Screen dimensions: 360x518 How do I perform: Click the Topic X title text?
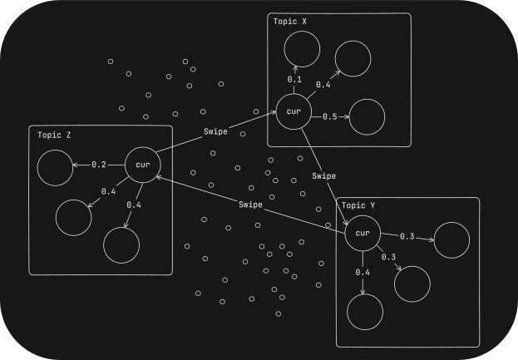click(291, 21)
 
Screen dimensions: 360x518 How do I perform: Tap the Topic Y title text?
click(359, 205)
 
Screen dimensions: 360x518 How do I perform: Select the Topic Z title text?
click(55, 134)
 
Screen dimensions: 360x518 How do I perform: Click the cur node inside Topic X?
click(293, 112)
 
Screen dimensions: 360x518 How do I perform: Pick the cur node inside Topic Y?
click(363, 233)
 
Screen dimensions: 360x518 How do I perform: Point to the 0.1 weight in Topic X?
click(294, 80)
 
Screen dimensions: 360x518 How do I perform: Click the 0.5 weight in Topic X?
click(329, 116)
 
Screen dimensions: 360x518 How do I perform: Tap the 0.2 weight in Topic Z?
click(99, 165)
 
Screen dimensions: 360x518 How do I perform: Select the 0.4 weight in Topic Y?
click(363, 273)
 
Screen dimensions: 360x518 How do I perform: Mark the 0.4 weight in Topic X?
click(323, 85)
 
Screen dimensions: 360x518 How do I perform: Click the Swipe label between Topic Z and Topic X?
click(215, 132)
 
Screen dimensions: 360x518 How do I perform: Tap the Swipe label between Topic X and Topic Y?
click(324, 175)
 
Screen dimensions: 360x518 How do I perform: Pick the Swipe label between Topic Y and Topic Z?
click(249, 205)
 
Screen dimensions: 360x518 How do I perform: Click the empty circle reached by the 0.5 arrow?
click(368, 116)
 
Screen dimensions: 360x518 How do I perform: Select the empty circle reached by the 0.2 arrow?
click(55, 168)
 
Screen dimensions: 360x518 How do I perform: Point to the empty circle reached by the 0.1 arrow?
click(301, 52)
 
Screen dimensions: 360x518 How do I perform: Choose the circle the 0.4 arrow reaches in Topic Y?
click(363, 313)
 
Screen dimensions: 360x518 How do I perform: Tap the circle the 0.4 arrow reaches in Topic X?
click(353, 57)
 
